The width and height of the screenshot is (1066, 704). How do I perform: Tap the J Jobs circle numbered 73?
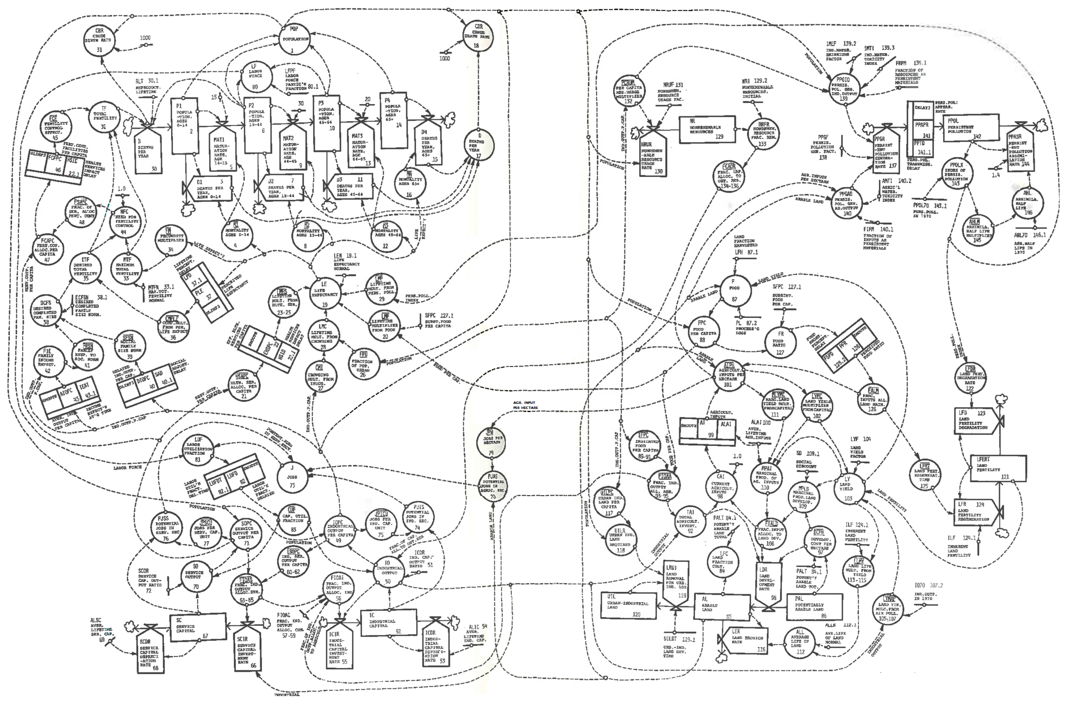pyautogui.click(x=292, y=476)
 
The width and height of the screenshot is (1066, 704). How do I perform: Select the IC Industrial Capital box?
pyautogui.click(x=388, y=623)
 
